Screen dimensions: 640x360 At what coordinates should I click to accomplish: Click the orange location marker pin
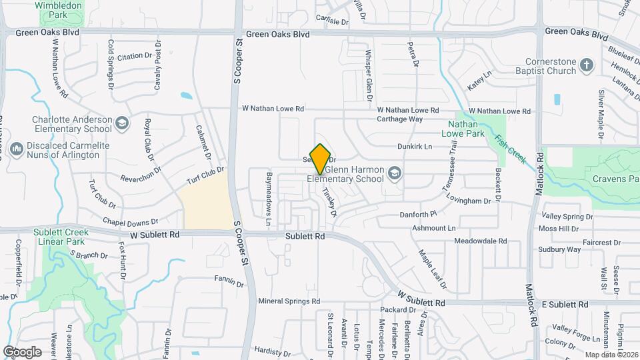click(321, 159)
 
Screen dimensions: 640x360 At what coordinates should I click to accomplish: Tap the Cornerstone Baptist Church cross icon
click(587, 65)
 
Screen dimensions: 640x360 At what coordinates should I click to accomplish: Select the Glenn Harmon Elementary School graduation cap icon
click(395, 173)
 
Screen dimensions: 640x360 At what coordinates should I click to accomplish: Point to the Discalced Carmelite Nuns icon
click(17, 147)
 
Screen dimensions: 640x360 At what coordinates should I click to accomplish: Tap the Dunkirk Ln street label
click(415, 147)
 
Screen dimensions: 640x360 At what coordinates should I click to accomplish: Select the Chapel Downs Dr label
click(130, 221)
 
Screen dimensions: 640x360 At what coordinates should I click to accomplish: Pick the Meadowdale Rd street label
click(480, 241)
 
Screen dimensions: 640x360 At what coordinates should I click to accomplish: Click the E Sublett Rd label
click(565, 304)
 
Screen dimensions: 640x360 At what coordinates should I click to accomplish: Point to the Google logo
click(22, 351)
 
